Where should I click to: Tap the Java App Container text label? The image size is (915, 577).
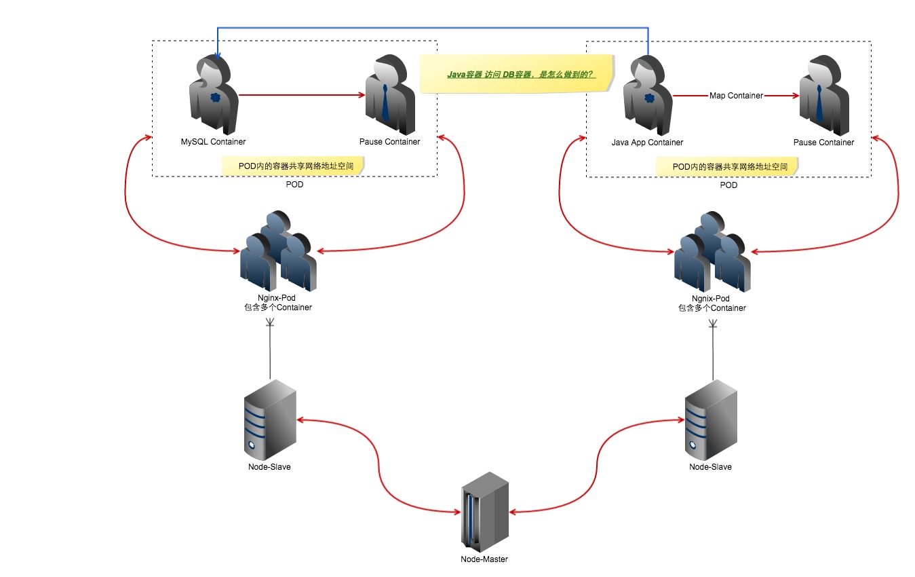pos(647,143)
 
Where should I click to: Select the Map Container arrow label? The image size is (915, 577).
pos(736,96)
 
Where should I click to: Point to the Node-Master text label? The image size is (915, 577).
pos(484,559)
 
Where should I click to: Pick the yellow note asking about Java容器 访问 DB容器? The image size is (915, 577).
pos(516,74)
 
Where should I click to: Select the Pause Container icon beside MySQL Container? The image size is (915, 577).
pos(389,96)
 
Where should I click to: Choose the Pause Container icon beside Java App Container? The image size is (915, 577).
pos(823,96)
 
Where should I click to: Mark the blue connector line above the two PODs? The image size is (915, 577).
pos(434,29)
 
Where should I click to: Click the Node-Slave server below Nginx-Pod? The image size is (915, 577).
pos(270,418)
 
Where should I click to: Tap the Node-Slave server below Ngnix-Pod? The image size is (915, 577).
pos(710,419)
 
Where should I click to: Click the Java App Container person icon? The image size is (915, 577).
pos(648,96)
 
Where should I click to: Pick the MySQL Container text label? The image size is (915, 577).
pos(213,142)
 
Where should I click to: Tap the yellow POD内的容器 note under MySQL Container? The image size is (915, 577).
pos(292,166)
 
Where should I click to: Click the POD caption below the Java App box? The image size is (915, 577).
pos(728,185)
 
